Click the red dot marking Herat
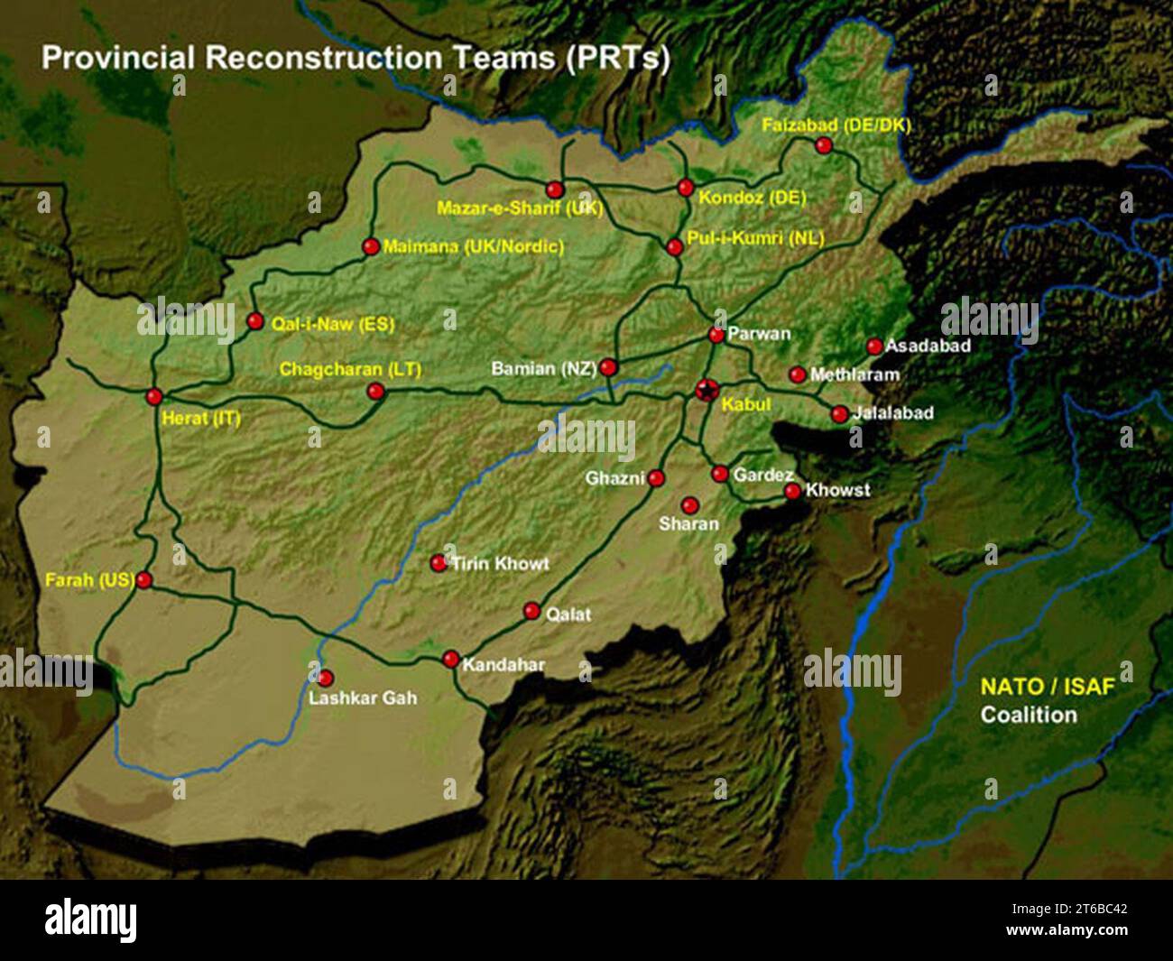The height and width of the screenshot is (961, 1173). tap(154, 396)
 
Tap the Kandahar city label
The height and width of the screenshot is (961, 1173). tap(503, 666)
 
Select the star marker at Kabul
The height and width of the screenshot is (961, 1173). tap(707, 390)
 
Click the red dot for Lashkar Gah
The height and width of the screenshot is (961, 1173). tap(325, 678)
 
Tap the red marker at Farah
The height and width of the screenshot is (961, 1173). tap(144, 580)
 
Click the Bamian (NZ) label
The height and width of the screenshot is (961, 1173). tap(543, 369)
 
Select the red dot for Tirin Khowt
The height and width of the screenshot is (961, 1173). tap(439, 563)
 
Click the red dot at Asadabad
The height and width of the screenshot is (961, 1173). tap(874, 347)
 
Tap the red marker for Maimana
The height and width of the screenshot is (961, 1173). tap(370, 246)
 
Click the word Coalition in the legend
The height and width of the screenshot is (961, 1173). tap(1029, 715)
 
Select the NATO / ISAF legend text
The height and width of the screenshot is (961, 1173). tap(1048, 687)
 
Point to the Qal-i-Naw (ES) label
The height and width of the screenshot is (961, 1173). tap(333, 322)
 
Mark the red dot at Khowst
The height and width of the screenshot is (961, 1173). tap(792, 491)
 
